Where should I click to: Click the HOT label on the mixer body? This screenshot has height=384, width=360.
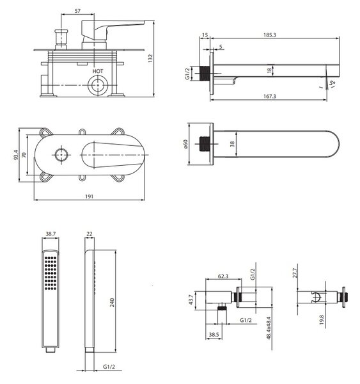98,71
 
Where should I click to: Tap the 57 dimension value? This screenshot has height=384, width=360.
77,11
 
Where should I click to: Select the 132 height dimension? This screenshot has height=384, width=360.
150,58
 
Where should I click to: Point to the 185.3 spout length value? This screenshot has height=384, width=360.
270,35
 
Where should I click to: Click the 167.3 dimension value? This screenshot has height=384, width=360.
270,96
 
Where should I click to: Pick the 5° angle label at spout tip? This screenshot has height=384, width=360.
333,83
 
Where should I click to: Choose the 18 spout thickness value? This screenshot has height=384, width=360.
269,70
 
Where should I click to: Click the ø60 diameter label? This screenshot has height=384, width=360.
185,144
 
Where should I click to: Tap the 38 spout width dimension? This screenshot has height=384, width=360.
232,144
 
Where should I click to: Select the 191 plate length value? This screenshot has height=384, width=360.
89,196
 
